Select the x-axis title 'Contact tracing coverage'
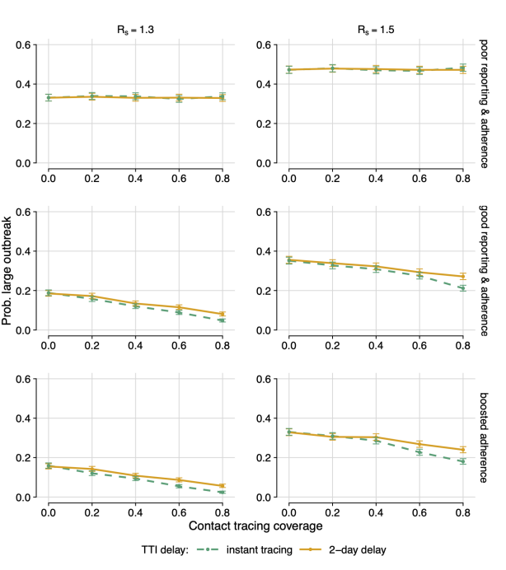(254, 525)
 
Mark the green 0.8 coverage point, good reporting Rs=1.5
(462, 288)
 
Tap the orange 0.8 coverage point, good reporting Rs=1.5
(462, 277)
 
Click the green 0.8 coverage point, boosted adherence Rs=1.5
(462, 461)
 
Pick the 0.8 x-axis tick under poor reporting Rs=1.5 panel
(462, 177)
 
